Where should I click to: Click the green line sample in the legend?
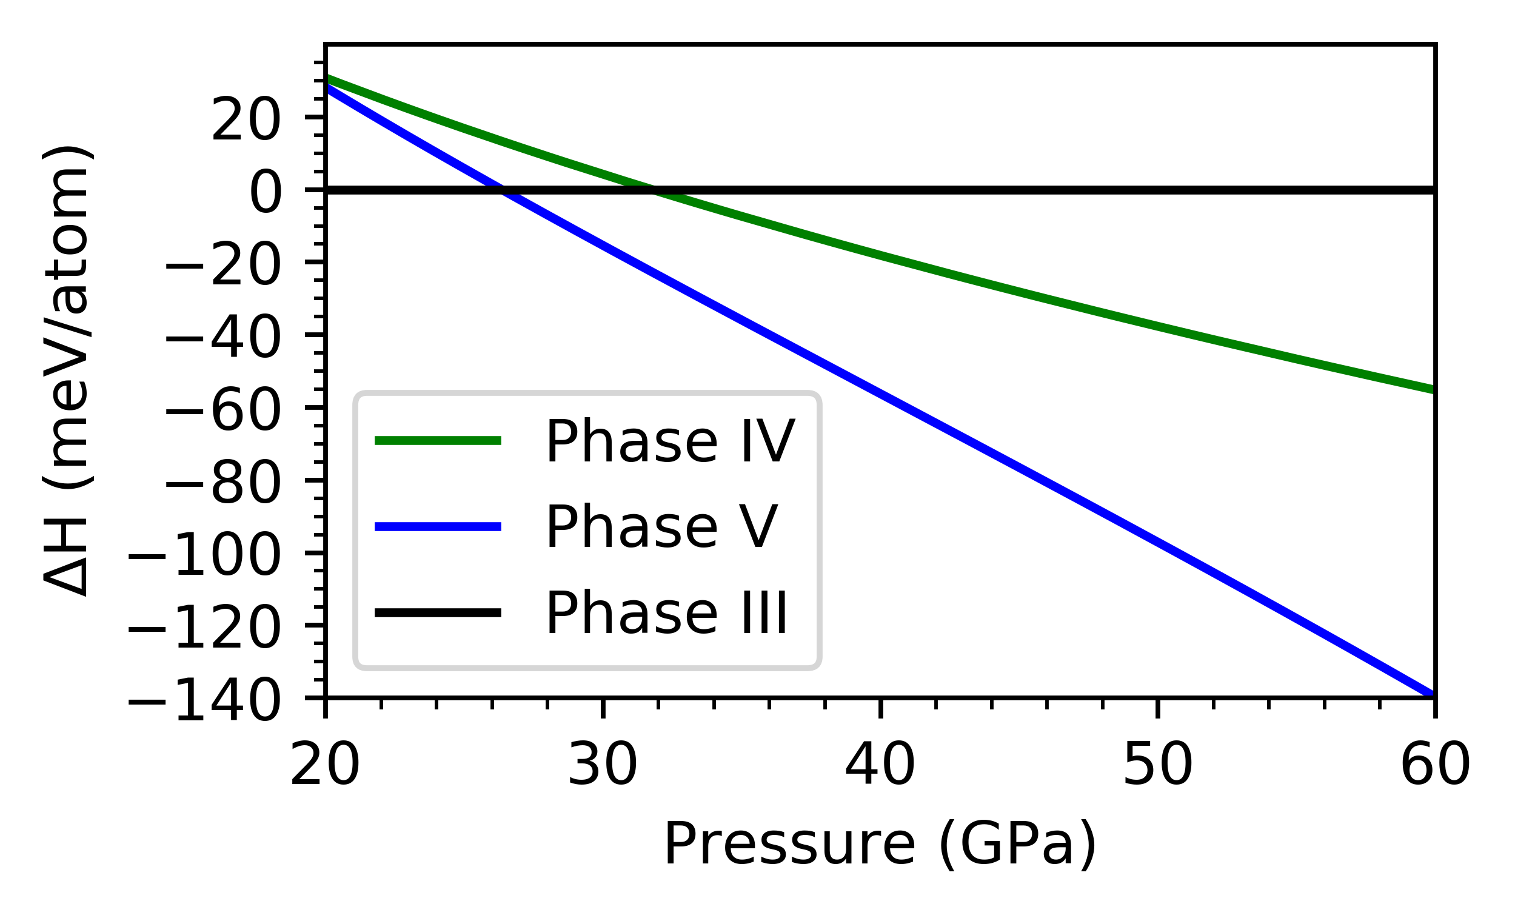(438, 440)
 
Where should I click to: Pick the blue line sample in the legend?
(438, 526)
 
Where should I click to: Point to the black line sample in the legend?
(438, 612)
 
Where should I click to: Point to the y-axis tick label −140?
(205, 703)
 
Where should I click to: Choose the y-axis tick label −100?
(205, 557)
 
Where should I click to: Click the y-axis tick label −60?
(223, 412)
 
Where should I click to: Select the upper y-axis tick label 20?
(246, 122)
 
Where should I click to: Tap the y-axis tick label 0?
(266, 194)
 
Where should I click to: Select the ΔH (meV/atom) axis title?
(67, 371)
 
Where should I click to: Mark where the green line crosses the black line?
(654, 190)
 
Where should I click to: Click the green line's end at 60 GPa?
(1433, 389)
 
